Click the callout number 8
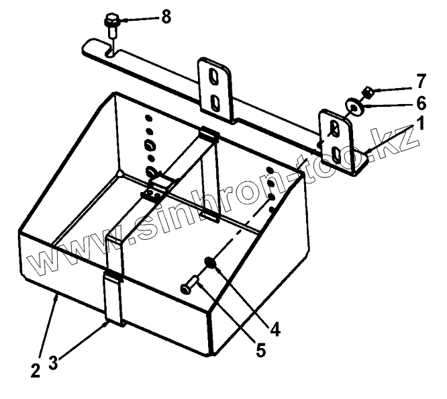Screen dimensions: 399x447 pos(165,17)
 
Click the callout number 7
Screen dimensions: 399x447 pos(420,83)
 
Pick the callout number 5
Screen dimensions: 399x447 pos(259,351)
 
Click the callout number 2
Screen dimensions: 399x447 pos(35,369)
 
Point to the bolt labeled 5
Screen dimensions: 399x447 pos(189,287)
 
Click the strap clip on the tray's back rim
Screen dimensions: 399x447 pos(209,134)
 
